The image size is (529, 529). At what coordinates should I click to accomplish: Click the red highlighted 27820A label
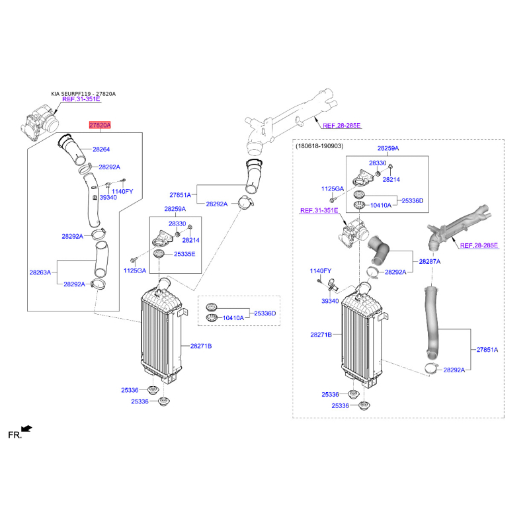click(100, 125)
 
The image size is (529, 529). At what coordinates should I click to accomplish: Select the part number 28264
click(101, 149)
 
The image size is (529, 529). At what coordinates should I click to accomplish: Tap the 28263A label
click(40, 272)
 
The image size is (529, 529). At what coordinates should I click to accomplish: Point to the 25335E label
click(184, 254)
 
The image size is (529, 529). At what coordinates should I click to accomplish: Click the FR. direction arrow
click(26, 428)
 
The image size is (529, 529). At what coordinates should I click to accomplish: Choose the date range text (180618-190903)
click(319, 146)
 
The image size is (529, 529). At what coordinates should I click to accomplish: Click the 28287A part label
click(429, 261)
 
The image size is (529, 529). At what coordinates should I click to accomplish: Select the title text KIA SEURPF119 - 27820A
click(83, 94)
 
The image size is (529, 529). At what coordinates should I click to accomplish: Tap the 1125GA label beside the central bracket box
click(135, 270)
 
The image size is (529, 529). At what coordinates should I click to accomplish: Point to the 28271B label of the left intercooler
click(201, 346)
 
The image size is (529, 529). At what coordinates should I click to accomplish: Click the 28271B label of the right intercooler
click(321, 335)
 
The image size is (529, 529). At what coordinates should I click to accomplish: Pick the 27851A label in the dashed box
click(487, 350)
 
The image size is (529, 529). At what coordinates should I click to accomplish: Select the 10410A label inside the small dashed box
click(233, 318)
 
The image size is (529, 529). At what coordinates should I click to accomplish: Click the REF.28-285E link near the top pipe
click(342, 126)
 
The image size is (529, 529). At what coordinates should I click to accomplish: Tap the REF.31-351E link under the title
click(81, 99)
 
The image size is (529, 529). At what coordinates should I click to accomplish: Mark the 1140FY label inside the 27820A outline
click(122, 191)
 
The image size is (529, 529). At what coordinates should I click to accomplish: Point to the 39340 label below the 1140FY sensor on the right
click(330, 301)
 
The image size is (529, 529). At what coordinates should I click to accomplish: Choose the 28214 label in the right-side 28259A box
click(391, 179)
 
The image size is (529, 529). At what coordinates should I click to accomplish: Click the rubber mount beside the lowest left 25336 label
click(164, 402)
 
